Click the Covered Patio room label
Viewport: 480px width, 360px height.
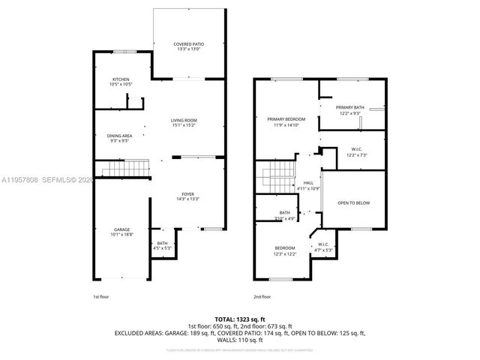point(188,44)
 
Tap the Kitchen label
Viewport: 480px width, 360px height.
point(121,79)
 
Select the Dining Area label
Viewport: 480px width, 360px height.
point(119,135)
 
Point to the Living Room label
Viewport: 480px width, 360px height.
point(183,120)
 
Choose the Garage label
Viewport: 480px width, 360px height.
point(121,229)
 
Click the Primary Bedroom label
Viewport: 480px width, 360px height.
point(286,118)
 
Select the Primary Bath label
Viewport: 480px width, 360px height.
point(349,108)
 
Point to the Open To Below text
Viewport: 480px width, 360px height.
point(353,202)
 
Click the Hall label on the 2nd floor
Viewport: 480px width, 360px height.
point(308,182)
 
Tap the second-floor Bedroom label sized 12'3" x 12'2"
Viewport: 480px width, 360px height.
point(284,248)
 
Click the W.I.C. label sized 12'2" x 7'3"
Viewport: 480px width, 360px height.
point(357,149)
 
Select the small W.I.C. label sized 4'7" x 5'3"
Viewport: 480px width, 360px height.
point(322,244)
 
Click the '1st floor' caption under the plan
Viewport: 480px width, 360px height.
point(100,296)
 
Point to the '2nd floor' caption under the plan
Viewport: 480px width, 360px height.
point(261,296)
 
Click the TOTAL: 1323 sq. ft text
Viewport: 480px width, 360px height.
point(239,319)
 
